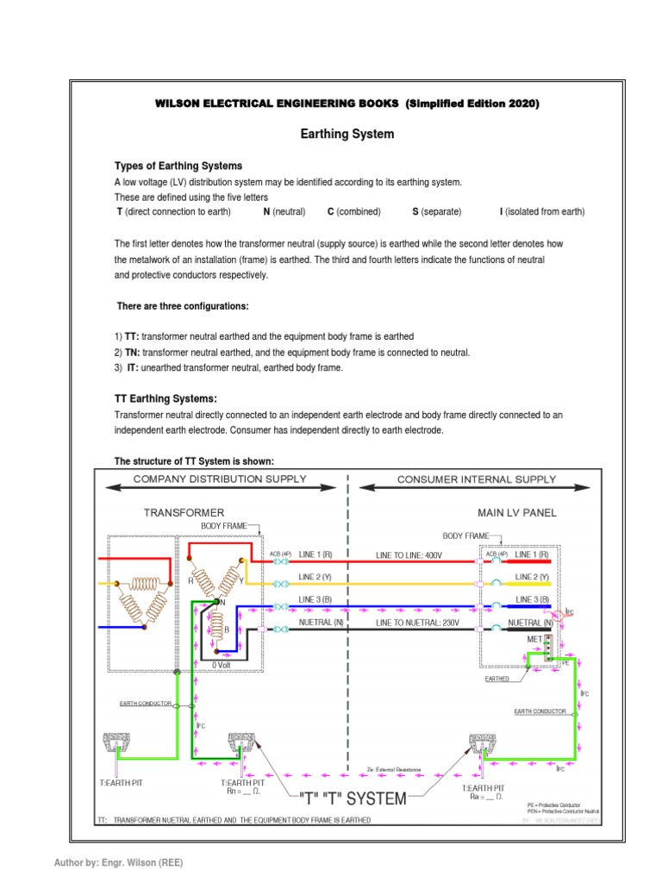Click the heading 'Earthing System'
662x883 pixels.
(x=347, y=134)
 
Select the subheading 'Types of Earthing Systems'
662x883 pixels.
(x=178, y=166)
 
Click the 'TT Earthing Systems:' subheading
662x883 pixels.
(x=165, y=398)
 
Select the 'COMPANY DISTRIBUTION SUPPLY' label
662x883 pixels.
(x=218, y=479)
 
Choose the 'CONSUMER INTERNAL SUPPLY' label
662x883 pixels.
(x=478, y=479)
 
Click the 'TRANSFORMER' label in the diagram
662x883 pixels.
(x=184, y=512)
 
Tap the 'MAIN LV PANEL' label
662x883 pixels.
(x=517, y=512)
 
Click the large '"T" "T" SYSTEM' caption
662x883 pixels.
(x=352, y=798)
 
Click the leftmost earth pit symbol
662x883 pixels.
(x=116, y=741)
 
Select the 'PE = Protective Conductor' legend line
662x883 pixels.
(x=559, y=804)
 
